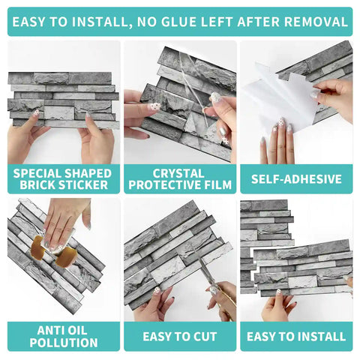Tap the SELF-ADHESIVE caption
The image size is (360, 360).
pyautogui.click(x=295, y=179)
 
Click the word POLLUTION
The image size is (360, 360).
pyautogui.click(x=64, y=343)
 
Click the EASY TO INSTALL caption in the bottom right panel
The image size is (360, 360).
pyautogui.click(x=295, y=336)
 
